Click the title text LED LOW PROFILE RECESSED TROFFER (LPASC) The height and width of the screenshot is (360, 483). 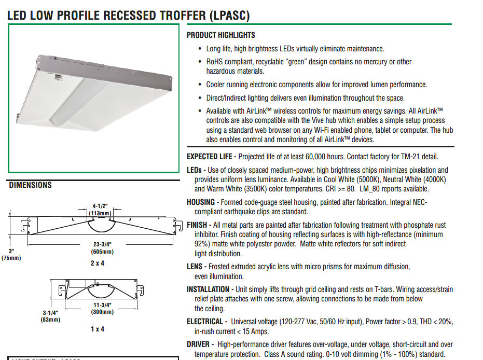coord(128,15)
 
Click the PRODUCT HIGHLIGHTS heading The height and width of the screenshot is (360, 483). coord(220,35)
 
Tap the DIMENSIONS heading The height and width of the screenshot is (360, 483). coord(31,185)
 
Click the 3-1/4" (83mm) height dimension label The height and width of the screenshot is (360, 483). coord(51,316)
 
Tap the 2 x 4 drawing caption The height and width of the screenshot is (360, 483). coord(98,263)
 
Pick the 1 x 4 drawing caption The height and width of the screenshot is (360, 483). coord(98,329)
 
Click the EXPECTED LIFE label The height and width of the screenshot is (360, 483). coord(210,157)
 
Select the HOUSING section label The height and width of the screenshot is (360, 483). coord(201,202)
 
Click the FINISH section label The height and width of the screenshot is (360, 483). coord(197,225)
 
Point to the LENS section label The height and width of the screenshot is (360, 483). coord(195,267)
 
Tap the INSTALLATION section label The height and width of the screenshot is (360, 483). coord(208,289)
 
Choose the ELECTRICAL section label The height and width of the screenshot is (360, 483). coord(205,322)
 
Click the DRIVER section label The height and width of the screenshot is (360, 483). coord(198,344)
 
